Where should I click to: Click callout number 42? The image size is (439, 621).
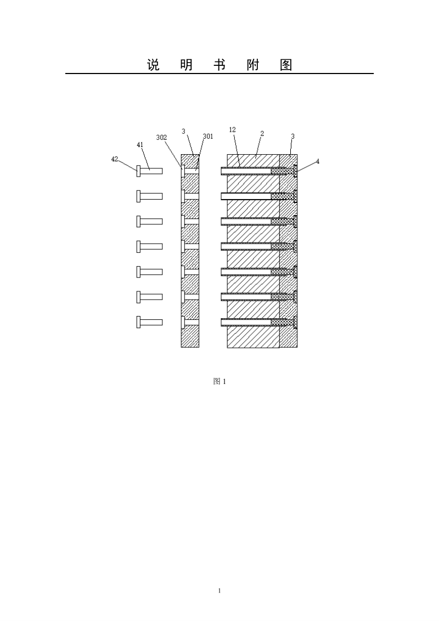pyautogui.click(x=115, y=159)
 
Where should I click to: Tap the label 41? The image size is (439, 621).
pyautogui.click(x=140, y=145)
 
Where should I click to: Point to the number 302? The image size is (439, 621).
pyautogui.click(x=161, y=138)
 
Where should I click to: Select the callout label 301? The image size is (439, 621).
pyautogui.click(x=208, y=136)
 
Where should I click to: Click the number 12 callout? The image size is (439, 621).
pyautogui.click(x=232, y=129)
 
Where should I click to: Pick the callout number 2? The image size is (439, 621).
pyautogui.click(x=262, y=133)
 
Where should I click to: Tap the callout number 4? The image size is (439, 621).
pyautogui.click(x=317, y=162)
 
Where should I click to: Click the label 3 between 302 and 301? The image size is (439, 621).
pyautogui.click(x=183, y=131)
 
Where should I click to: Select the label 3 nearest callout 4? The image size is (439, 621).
pyautogui.click(x=293, y=136)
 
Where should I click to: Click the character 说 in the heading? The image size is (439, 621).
pyautogui.click(x=153, y=65)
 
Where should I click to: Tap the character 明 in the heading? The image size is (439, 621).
pyautogui.click(x=187, y=65)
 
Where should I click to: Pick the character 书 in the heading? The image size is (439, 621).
pyautogui.click(x=219, y=65)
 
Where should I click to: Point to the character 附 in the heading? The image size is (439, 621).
pyautogui.click(x=253, y=65)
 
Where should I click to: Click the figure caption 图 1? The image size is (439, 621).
pyautogui.click(x=219, y=381)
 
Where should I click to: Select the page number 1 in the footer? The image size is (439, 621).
pyautogui.click(x=219, y=591)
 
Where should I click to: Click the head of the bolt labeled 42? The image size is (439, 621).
pyautogui.click(x=138, y=171)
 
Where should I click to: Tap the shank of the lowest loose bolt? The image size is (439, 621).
pyautogui.click(x=151, y=322)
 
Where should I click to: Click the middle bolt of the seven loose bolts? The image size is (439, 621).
pyautogui.click(x=149, y=246)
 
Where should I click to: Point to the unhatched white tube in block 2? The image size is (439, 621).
pyautogui.click(x=246, y=196)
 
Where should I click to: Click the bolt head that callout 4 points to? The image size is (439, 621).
pyautogui.click(x=296, y=171)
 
